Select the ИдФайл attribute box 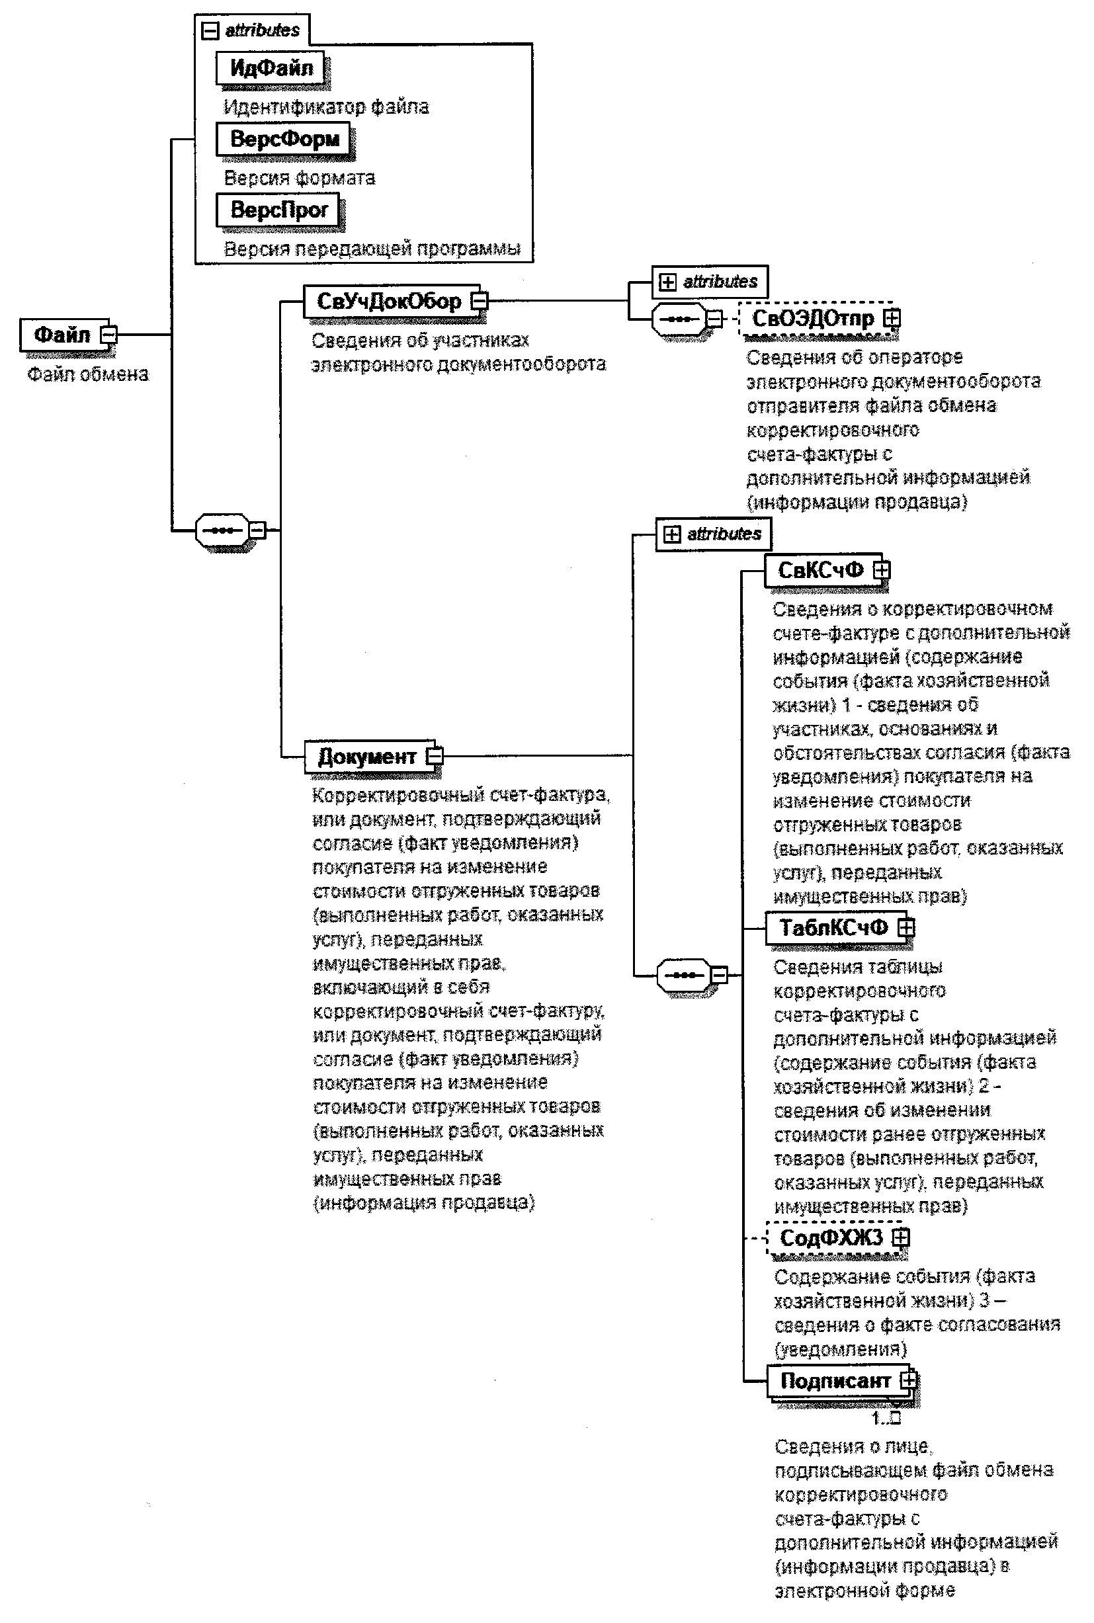(x=271, y=67)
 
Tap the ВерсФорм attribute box (x=284, y=139)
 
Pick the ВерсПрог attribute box (x=279, y=209)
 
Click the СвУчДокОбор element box (x=390, y=302)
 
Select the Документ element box (x=366, y=756)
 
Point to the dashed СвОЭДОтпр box (x=813, y=319)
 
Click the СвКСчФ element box (x=820, y=571)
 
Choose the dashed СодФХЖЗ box (x=831, y=1238)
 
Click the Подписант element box (x=835, y=1381)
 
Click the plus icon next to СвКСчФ (x=882, y=570)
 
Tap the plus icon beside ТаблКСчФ (x=905, y=928)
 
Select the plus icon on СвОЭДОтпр (x=892, y=318)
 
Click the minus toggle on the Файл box (x=109, y=335)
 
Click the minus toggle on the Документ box (x=434, y=756)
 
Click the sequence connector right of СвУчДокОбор (x=679, y=319)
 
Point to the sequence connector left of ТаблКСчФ (x=684, y=974)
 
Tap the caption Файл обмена (x=88, y=374)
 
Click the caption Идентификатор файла (x=326, y=106)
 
